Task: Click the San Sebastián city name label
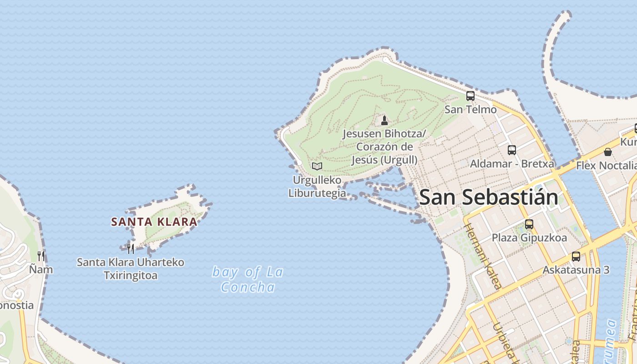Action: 488,197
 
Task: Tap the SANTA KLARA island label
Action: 154,222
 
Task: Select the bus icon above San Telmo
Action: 470,96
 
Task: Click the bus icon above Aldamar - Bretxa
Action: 512,150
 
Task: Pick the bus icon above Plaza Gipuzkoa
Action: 529,224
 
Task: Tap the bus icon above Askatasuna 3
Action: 576,256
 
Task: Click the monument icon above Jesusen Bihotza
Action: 384,120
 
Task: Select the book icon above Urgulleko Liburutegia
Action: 317,166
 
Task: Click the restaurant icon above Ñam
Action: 41,256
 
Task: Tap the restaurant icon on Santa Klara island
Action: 131,248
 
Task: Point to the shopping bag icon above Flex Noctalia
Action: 608,152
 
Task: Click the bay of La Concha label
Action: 248,279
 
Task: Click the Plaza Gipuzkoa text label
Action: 529,238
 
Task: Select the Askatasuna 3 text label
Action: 576,270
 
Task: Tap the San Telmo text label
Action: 470,109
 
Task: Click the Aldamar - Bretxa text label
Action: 512,163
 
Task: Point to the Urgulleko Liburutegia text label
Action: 317,187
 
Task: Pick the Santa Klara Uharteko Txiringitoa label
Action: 131,269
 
